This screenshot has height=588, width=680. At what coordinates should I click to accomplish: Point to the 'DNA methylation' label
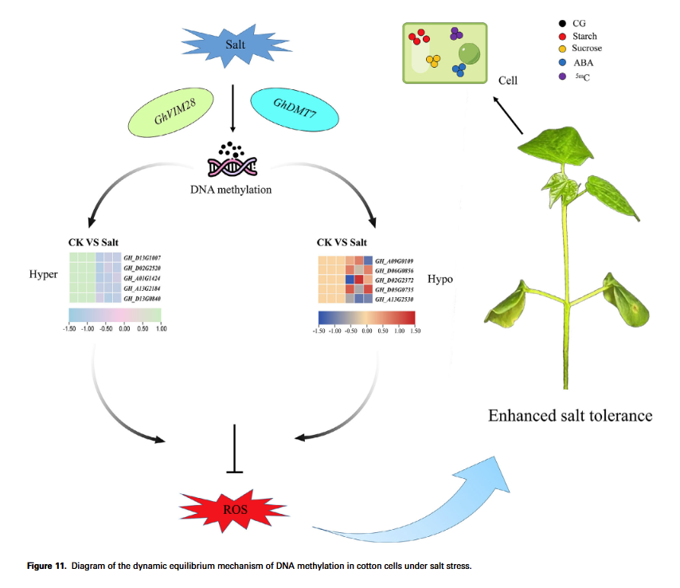pos(232,189)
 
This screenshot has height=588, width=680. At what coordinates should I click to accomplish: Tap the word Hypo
pos(440,280)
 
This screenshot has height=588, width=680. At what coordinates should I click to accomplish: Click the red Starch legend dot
pos(563,36)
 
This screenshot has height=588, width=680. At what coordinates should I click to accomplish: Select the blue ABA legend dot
pos(563,62)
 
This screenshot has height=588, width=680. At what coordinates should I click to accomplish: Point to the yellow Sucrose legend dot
pos(563,49)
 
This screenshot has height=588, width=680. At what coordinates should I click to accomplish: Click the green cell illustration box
pos(444,52)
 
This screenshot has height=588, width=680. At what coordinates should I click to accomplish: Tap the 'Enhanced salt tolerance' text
pos(570,416)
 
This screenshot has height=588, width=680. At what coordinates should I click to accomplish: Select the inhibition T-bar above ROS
pos(235,450)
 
